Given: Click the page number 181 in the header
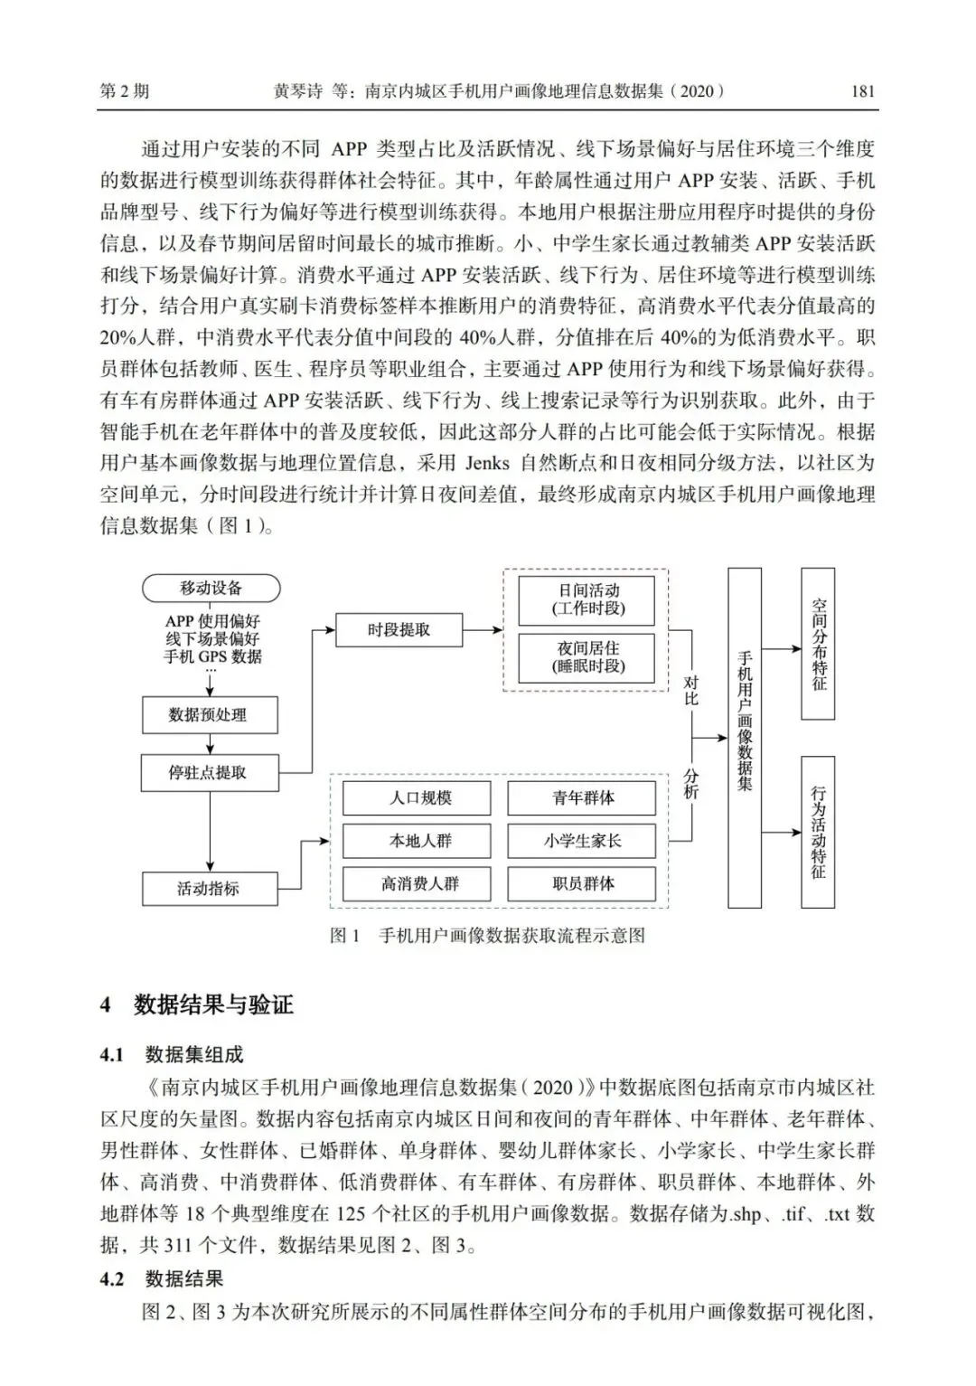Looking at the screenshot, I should [863, 91].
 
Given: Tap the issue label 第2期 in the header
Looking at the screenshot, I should [124, 91].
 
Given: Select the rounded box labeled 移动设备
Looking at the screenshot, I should [211, 589].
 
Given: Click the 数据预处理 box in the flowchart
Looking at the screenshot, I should [210, 715].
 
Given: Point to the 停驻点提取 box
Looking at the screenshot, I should [210, 773].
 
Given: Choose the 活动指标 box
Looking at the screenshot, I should [210, 888].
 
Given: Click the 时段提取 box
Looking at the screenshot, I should [399, 630].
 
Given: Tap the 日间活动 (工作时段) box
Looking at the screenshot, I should [589, 599].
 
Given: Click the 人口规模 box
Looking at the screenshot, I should [417, 798].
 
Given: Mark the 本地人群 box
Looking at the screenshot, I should [417, 841].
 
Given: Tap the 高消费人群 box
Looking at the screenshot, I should [417, 883].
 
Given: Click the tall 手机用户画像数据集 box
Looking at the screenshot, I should [745, 737].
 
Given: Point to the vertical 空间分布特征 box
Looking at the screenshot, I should [818, 643].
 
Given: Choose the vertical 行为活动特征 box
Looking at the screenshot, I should [818, 832].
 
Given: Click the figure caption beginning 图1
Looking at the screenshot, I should [487, 936].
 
